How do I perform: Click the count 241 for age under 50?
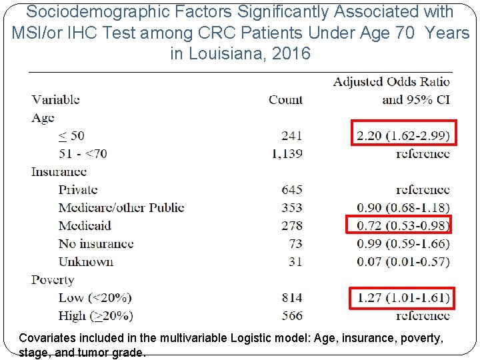tap(291, 135)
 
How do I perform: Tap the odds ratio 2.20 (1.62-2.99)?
tap(403, 135)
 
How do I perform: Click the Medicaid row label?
tap(85, 225)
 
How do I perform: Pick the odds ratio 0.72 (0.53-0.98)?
tap(403, 225)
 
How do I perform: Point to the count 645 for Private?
tap(291, 189)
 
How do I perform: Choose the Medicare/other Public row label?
tap(121, 207)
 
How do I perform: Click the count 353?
tap(291, 207)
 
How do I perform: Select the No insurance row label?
tap(96, 243)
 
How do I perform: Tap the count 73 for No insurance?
tap(295, 243)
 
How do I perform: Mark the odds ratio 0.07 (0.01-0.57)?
tap(403, 261)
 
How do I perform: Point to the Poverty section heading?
tap(52, 280)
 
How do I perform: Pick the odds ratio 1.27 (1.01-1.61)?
tap(403, 297)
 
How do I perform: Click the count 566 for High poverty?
tap(291, 315)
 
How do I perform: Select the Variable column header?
tap(55, 100)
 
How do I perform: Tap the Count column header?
tap(285, 100)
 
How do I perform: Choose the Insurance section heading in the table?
tap(59, 171)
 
